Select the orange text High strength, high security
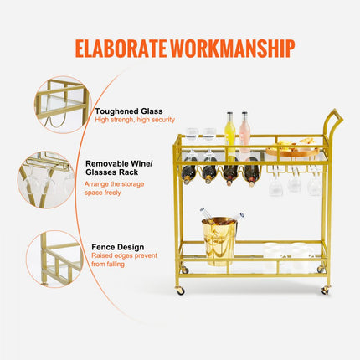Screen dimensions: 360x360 coord(134,120)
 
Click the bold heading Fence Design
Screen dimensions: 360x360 coord(118,248)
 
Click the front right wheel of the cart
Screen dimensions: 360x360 coord(325,291)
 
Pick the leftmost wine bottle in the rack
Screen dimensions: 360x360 coord(190,172)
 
